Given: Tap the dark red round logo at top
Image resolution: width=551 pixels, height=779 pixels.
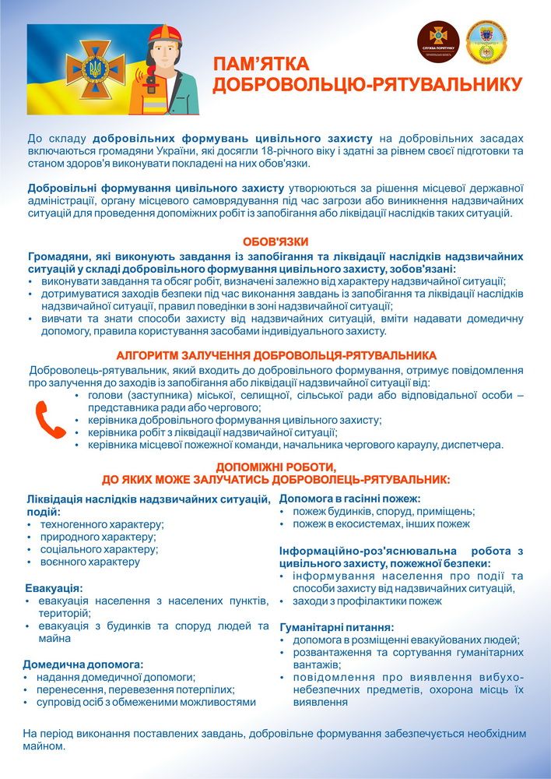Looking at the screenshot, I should point(438,42).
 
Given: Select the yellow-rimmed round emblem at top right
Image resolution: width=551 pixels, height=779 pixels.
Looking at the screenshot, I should point(487,42).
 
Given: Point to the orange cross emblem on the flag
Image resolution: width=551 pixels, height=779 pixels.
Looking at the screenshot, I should point(97,67).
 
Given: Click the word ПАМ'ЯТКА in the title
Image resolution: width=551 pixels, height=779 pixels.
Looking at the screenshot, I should point(261,64).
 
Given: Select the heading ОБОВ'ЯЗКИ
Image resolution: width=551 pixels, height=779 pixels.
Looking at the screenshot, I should point(275,241).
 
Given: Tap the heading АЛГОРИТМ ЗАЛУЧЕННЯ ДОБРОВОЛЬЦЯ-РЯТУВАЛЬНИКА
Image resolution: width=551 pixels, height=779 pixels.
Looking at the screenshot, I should point(275,355).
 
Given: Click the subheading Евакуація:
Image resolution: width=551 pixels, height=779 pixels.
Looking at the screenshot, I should point(54,588).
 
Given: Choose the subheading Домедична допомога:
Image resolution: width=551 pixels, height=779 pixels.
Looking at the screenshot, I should point(84,664).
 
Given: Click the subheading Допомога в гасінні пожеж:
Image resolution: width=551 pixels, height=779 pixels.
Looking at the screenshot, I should point(349,499).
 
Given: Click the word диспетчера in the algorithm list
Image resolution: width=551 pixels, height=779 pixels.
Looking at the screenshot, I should point(475,445).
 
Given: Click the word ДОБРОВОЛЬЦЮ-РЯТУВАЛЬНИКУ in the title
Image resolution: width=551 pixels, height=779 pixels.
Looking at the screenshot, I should point(367,83).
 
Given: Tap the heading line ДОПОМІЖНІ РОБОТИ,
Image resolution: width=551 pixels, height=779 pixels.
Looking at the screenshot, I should point(275,467).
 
